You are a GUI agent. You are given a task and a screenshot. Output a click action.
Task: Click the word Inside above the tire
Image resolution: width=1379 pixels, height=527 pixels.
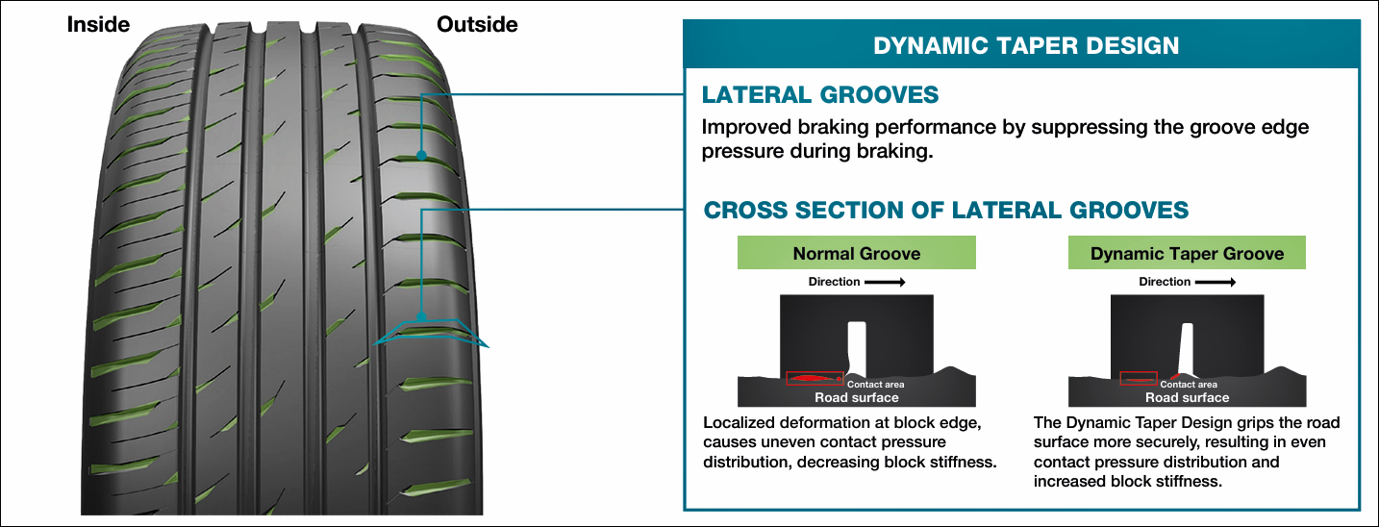pos(98,25)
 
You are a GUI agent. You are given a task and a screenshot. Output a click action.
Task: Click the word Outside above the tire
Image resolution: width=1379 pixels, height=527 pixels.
pos(477,25)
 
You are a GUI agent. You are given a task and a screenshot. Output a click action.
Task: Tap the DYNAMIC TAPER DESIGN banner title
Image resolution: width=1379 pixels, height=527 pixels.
pos(1026,45)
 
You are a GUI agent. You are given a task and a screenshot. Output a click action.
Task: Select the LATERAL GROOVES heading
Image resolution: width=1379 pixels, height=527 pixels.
pos(820,95)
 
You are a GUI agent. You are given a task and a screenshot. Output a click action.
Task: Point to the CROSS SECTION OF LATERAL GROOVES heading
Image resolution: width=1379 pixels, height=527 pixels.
pos(945,210)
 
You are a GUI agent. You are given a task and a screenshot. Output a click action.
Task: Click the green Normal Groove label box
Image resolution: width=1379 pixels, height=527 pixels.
pos(856,252)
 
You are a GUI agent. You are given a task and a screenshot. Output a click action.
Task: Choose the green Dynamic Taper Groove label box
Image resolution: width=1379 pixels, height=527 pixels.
pos(1187,252)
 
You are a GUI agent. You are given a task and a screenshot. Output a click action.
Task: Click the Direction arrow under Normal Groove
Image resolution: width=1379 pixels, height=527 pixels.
pos(885,282)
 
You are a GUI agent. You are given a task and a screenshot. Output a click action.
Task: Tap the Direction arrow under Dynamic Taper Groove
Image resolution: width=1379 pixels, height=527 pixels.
pos(1216,282)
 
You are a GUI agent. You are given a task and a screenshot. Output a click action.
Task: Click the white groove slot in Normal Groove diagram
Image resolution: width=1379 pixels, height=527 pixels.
pos(857,348)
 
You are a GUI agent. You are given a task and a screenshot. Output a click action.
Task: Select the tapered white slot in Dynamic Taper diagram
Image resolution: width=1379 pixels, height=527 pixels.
pos(1187,349)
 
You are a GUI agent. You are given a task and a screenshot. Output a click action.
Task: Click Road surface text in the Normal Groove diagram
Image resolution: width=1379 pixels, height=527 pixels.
pos(856,398)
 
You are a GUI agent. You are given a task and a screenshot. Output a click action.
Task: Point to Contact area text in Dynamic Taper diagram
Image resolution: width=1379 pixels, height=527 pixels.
pos(1189,384)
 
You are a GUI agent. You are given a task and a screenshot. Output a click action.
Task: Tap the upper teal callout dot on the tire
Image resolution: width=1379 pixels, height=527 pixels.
pos(422,155)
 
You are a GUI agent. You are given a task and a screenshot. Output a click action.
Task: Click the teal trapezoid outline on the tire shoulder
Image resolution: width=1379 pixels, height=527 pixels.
pos(431,321)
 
